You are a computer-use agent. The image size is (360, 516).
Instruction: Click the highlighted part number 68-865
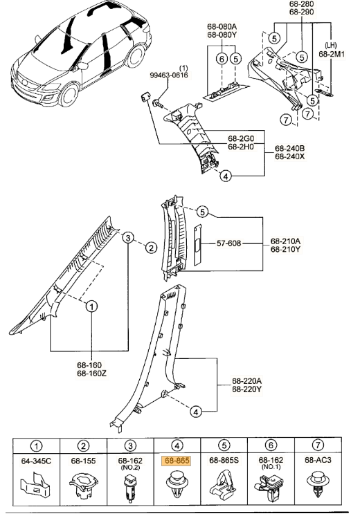[x=177, y=461]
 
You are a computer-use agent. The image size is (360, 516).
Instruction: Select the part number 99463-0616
[x=169, y=75]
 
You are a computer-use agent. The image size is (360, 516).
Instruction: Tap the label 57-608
[x=228, y=243]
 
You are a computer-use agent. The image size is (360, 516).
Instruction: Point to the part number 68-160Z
[x=92, y=374]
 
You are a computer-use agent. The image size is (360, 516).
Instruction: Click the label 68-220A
[x=247, y=381]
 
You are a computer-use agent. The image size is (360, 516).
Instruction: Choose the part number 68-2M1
[x=332, y=54]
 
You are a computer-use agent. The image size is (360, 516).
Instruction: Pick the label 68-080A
[x=222, y=26]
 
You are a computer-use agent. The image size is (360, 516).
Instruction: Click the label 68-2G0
[x=241, y=138]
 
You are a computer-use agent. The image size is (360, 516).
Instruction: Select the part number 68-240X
[x=290, y=156]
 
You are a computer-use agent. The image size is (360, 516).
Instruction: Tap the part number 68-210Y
[x=285, y=249]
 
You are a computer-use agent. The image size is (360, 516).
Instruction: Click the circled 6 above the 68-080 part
[x=222, y=59]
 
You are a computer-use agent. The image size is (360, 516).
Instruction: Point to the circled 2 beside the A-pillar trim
[x=151, y=248]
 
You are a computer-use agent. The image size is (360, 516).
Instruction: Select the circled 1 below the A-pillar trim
[x=91, y=306]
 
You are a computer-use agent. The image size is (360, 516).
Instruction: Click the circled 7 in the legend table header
[x=318, y=445]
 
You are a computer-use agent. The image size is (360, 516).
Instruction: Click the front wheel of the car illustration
[x=69, y=95]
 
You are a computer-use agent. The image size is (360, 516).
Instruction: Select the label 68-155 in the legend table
[x=83, y=461]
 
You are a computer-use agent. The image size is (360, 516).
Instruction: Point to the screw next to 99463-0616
[x=158, y=104]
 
